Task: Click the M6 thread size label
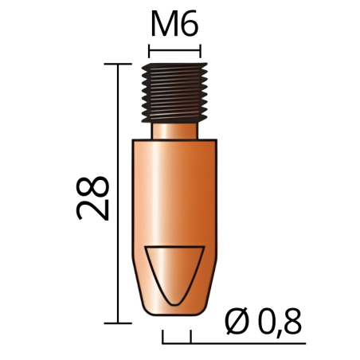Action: click(174, 24)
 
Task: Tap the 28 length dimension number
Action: click(92, 198)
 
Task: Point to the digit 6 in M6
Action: click(189, 24)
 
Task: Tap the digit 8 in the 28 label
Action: click(92, 186)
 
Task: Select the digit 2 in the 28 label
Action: click(92, 210)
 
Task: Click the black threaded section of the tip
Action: click(174, 93)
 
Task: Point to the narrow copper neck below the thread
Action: click(174, 131)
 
